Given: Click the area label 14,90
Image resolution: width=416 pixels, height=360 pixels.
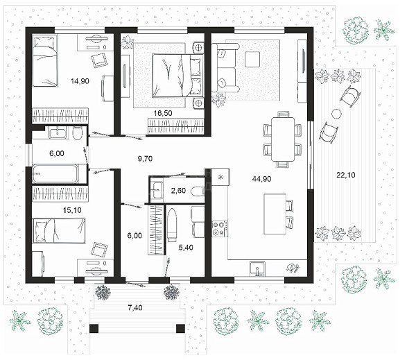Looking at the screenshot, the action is (80, 81).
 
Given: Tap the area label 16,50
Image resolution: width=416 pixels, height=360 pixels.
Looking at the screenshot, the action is (163, 113).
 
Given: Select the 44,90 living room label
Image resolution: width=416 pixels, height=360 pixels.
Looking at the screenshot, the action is (261, 179).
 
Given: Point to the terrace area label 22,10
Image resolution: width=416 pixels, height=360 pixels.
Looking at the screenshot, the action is (346, 175).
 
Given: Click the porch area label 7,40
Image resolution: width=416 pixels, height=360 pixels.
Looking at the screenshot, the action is (135, 308).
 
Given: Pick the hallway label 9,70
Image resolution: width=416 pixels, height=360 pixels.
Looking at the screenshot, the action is (145, 158).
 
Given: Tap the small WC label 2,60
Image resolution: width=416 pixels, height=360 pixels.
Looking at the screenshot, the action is (178, 190).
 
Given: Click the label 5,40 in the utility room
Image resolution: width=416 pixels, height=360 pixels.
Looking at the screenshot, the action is (186, 248).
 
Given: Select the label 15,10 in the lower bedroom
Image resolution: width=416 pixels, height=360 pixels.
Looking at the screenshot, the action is (72, 210).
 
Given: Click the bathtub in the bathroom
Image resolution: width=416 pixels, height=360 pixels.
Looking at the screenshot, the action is (55, 173).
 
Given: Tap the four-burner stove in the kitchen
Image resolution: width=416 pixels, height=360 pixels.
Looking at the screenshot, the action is (220, 229).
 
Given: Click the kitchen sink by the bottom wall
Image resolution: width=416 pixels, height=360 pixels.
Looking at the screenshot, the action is (257, 268).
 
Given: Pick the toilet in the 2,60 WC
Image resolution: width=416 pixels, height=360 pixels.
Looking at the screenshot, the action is (198, 191).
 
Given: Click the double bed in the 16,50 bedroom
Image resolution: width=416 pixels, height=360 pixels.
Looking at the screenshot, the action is (177, 76).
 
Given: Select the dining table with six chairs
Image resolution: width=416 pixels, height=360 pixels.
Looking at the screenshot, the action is (283, 139).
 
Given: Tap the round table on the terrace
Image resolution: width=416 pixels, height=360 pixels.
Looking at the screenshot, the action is (336, 114).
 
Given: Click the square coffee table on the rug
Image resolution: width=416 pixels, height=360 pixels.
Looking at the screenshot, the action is (252, 59).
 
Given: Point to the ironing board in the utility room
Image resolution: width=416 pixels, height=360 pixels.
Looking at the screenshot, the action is (172, 225).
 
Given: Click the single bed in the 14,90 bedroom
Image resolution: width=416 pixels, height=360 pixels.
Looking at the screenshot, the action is (45, 60).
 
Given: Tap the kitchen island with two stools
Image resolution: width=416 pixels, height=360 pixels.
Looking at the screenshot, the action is (275, 214).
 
